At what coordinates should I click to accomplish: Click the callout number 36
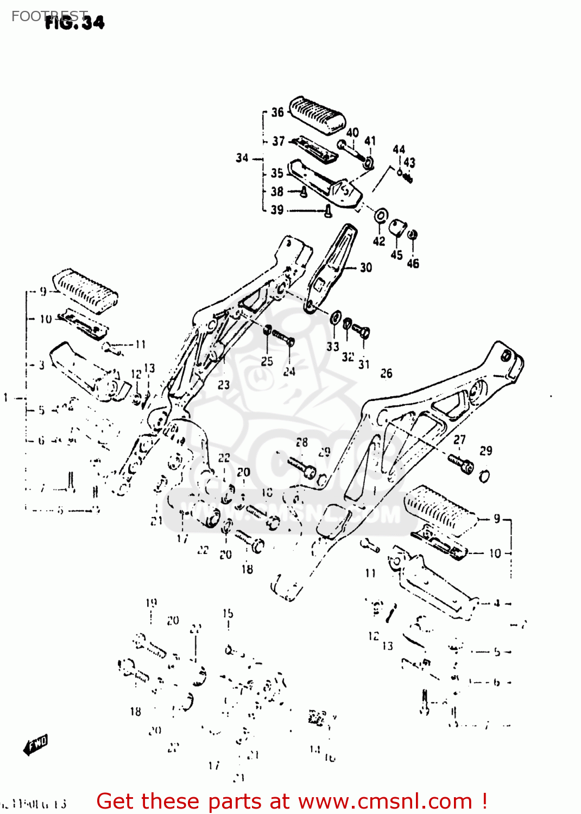[277, 112]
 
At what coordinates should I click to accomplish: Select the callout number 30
[366, 268]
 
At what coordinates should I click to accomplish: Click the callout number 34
[242, 158]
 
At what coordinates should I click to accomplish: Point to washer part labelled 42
[381, 216]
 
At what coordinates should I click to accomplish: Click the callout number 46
[413, 263]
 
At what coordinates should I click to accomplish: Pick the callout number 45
[397, 255]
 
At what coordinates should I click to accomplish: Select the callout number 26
[386, 373]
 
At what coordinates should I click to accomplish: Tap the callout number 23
[224, 385]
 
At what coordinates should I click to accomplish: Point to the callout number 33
[333, 346]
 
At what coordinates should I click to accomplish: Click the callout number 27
[459, 440]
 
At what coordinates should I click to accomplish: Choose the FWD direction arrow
[36, 745]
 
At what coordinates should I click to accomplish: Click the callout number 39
[277, 210]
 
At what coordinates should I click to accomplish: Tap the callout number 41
[370, 141]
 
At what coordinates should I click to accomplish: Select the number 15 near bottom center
[228, 613]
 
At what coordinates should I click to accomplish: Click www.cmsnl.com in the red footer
[385, 801]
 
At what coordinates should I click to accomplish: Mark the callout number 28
[302, 442]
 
